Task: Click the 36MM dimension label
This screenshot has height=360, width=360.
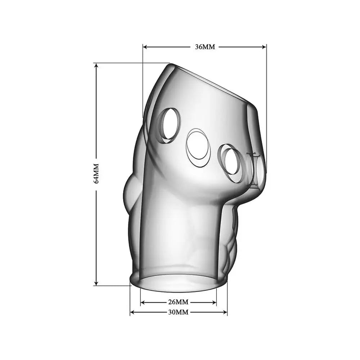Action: click(204, 47)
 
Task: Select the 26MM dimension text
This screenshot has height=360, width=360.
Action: click(178, 302)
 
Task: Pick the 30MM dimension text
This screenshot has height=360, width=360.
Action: click(178, 312)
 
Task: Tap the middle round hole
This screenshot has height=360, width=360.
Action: click(197, 145)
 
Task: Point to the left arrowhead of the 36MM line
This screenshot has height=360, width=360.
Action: click(145, 46)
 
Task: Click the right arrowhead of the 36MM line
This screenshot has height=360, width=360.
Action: click(265, 46)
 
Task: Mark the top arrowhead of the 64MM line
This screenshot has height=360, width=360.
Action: click(96, 65)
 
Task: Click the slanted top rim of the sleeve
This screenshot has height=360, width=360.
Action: click(212, 83)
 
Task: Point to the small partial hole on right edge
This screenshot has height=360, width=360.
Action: click(258, 169)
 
